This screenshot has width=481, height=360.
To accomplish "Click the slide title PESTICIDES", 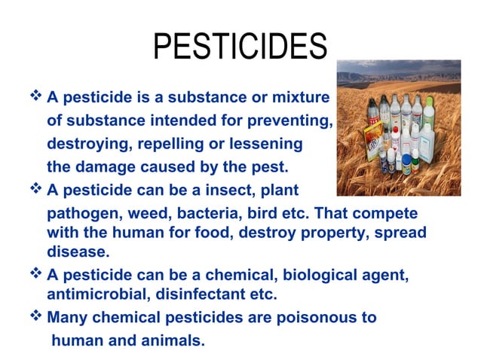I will tap(240, 47).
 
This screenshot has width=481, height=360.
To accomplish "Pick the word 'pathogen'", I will tap(81, 215).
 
